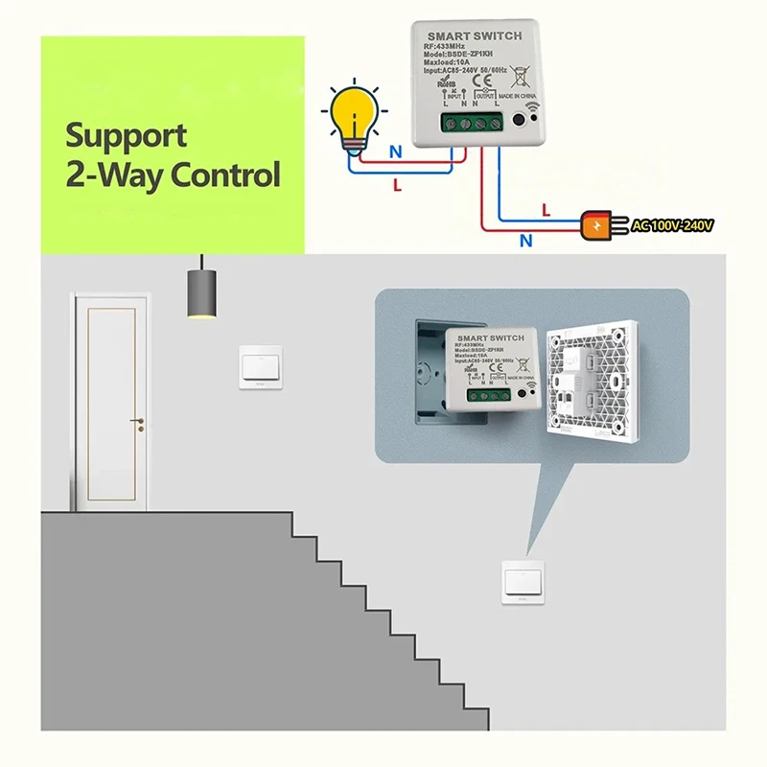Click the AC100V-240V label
[672, 226]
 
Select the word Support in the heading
[127, 135]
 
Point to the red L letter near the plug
[546, 208]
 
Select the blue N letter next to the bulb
[396, 151]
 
